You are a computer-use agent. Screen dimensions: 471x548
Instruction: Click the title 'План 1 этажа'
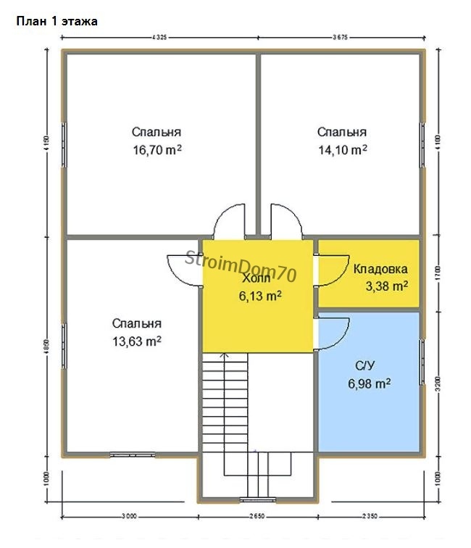click(57, 22)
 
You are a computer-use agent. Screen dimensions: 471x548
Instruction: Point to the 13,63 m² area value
click(136, 341)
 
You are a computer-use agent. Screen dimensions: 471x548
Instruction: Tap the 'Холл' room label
click(256, 278)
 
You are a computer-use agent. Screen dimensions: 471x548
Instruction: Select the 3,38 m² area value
click(386, 286)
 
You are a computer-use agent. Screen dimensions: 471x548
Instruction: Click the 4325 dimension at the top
click(160, 36)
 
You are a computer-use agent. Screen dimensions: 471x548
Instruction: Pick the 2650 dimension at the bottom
click(257, 516)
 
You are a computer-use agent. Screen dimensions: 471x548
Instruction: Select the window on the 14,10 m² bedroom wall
click(423, 145)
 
